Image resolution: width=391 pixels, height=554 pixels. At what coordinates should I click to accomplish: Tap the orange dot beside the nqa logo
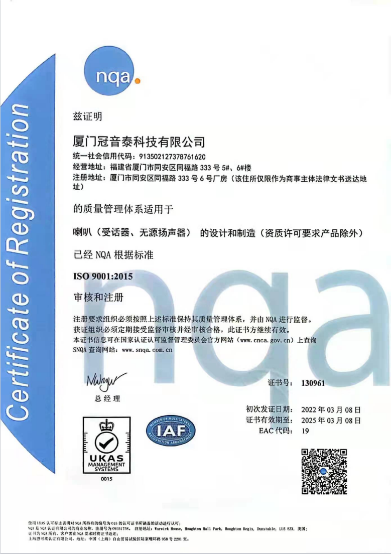pos(138,80)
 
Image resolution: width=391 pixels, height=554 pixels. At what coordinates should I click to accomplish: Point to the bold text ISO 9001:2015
pos(103,276)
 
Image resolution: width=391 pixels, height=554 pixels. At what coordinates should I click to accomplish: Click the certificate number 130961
pos(313,383)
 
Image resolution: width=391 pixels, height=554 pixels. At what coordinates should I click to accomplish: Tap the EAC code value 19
pos(305,431)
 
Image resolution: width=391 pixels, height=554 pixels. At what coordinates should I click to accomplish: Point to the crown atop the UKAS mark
pos(106,426)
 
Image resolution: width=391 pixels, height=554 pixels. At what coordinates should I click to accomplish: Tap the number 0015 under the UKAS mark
pos(106,480)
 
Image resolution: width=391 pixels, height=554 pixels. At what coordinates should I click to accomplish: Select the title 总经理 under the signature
pos(107,399)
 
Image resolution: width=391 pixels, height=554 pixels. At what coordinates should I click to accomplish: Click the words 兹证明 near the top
pos(88,116)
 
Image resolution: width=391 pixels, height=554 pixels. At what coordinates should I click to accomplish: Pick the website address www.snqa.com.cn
pos(148,350)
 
